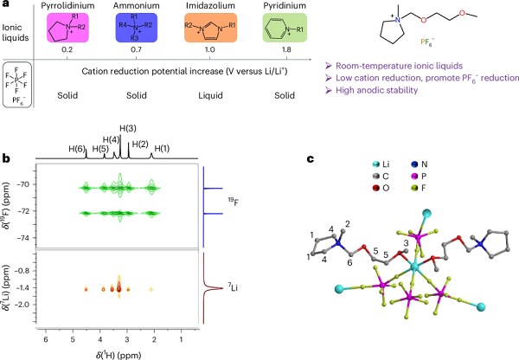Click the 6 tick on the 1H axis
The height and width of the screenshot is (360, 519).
[45, 340]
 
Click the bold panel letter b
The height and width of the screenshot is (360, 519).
[6, 159]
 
